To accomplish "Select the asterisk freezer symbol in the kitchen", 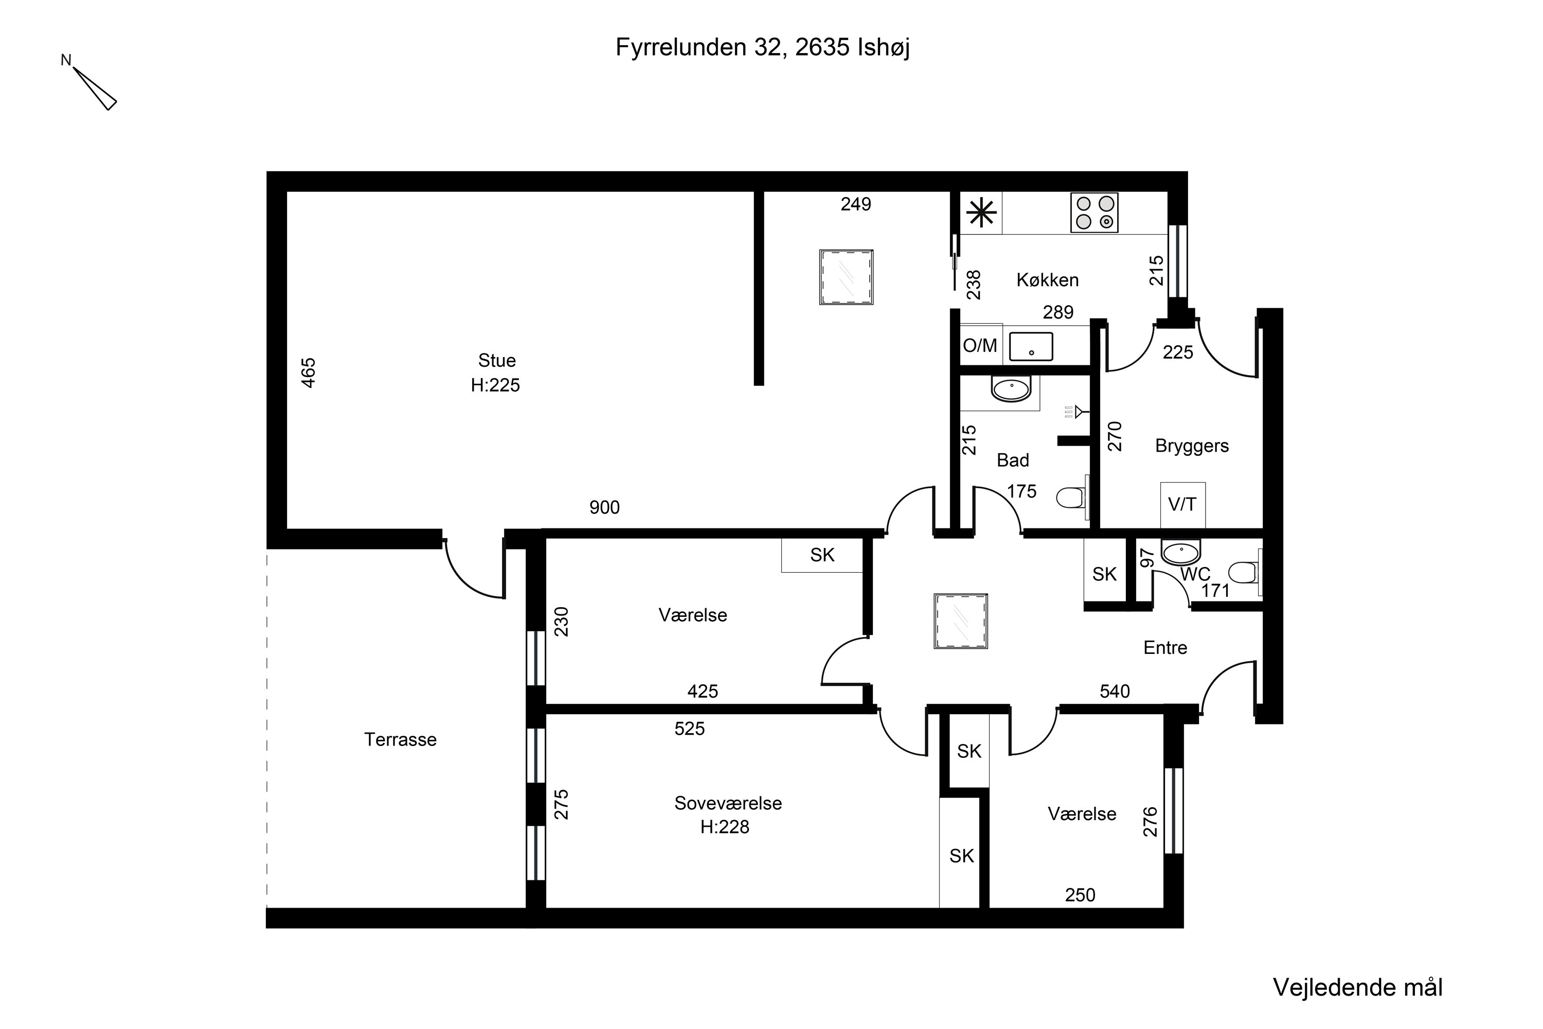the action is tap(981, 212).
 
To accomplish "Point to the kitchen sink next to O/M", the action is tap(1031, 346).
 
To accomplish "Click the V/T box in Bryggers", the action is tap(1182, 505).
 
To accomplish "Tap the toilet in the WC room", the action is tap(1244, 572).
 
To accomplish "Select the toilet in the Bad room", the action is tap(1072, 498).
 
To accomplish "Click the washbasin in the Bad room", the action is tap(1011, 389).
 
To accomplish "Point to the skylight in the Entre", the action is tap(960, 622).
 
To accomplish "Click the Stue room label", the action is tap(497, 360).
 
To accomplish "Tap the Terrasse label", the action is tap(400, 740).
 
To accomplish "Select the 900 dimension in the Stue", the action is tap(604, 507).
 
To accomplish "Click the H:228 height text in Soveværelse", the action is tap(725, 827).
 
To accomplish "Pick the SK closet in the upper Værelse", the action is tap(822, 555).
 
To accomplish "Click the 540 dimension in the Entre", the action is tap(1115, 691).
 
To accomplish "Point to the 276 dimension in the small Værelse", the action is tap(1151, 822).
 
